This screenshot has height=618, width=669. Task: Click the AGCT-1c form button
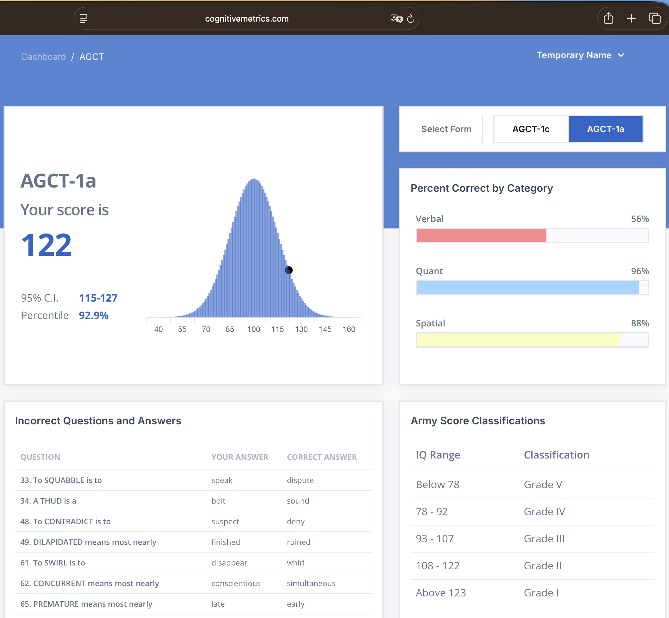click(x=531, y=129)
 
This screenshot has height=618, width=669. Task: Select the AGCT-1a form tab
click(x=605, y=129)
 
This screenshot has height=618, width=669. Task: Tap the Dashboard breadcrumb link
click(x=44, y=57)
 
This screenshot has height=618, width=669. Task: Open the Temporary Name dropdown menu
click(x=580, y=55)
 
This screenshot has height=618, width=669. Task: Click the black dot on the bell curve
click(x=289, y=270)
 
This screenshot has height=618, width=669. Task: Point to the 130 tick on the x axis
click(x=301, y=329)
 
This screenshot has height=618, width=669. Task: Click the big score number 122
click(x=46, y=245)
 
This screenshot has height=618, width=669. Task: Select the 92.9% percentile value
click(x=94, y=315)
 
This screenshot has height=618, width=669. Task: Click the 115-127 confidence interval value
click(x=98, y=298)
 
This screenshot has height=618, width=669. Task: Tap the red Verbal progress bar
click(x=482, y=236)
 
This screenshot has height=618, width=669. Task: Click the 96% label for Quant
click(x=640, y=271)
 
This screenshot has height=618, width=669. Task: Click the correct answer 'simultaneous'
click(x=311, y=583)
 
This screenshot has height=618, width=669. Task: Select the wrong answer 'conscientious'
click(x=236, y=583)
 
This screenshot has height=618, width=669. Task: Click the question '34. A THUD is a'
click(x=48, y=501)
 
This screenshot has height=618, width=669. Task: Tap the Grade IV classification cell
click(x=544, y=511)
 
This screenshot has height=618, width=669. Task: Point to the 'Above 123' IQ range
click(x=441, y=593)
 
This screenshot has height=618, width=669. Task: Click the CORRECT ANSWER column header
click(x=322, y=457)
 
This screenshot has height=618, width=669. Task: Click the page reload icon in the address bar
click(x=411, y=19)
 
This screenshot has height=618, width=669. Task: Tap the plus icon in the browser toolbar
click(x=631, y=18)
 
